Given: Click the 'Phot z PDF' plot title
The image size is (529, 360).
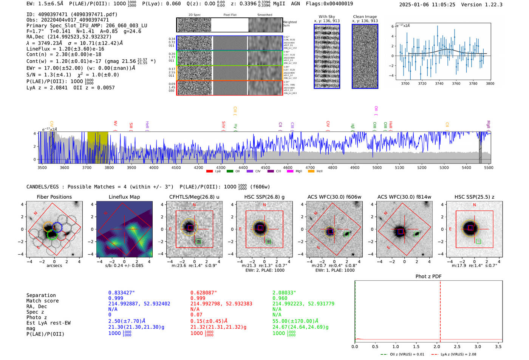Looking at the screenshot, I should pos(428,277).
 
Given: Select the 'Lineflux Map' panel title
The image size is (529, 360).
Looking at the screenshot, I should pos(124,197).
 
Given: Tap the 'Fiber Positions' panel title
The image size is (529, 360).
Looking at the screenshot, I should pos(54,197).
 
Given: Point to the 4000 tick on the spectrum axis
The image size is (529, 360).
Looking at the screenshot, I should pos(154,167).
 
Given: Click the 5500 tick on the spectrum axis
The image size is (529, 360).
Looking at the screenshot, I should pos(489,167).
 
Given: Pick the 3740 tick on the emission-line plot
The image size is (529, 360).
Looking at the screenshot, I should pos(439,83).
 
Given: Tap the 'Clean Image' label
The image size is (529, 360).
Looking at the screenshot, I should pos(365,17).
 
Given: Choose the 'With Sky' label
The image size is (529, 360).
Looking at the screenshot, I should pos(327,17).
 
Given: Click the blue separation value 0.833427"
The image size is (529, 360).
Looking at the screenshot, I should pos(122,293).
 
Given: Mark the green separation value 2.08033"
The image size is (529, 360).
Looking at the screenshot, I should pos(284,293).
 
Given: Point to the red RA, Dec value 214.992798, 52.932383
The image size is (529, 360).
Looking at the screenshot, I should pos(221,304).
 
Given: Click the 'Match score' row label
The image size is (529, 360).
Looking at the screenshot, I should pos(42,301).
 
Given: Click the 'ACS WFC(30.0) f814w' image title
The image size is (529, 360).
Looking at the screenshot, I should pos(404,197).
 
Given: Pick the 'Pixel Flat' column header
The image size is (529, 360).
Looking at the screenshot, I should pos(230,15).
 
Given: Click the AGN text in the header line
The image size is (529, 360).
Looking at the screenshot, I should pos(295,4).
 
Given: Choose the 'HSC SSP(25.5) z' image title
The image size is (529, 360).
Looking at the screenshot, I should pos(474,197).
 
